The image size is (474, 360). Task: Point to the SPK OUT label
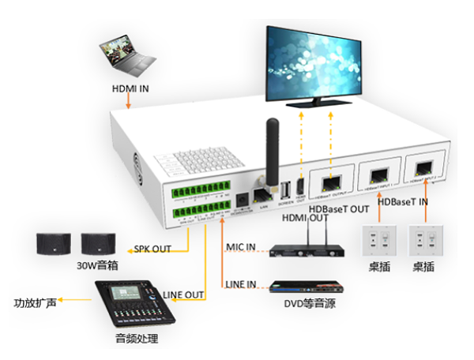coord(152,249)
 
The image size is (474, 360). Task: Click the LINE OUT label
coord(183,294)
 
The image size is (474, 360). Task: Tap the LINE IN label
coord(240,283)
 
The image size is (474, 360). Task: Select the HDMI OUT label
coord(307,217)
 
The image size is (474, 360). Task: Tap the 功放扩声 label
coord(35,302)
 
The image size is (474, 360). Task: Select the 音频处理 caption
coord(137,339)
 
